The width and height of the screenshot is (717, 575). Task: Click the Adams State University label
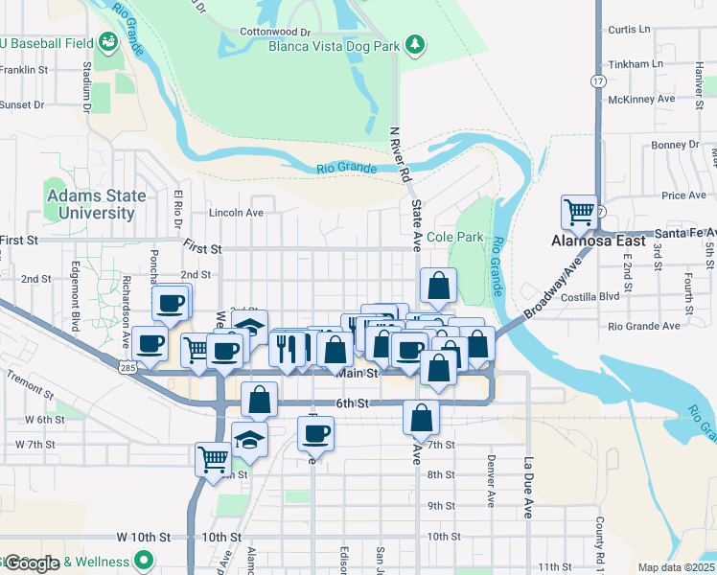(97, 204)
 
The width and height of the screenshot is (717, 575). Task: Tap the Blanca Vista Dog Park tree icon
(414, 44)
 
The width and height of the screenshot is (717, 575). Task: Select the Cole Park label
(455, 237)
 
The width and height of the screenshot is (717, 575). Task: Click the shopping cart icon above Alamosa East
(579, 212)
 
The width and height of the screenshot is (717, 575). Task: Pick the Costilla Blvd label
(642, 297)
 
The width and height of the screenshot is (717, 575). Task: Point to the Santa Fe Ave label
(684, 233)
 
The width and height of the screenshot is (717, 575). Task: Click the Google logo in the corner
(31, 563)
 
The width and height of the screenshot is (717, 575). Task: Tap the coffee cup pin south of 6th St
(314, 433)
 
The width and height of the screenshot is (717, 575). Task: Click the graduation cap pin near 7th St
(249, 439)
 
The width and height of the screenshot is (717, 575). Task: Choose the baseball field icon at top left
(107, 41)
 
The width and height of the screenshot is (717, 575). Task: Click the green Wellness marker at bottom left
(144, 561)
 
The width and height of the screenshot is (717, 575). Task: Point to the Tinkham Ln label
(643, 63)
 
